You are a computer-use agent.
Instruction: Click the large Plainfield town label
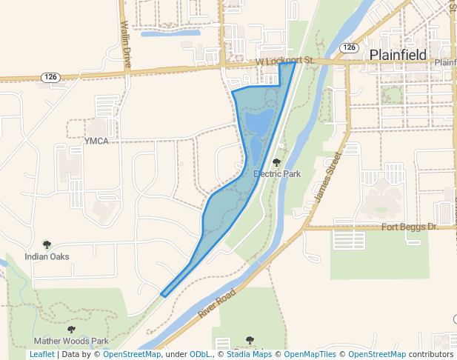397,54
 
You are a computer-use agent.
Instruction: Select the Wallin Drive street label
125,44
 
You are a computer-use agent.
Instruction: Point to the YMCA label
96,141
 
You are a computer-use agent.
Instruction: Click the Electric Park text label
277,174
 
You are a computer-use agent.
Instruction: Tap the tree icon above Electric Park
277,162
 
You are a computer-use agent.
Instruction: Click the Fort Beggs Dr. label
410,227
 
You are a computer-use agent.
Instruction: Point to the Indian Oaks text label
47,256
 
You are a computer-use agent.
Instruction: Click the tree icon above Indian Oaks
47,244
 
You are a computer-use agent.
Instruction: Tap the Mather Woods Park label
71,341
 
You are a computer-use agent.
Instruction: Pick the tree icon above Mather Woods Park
71,330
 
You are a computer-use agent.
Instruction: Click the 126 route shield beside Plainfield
350,47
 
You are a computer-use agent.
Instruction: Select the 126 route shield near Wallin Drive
50,77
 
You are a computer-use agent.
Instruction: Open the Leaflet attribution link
42,354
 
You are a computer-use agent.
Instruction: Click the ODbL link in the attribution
200,354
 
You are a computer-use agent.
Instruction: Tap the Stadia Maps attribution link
247,354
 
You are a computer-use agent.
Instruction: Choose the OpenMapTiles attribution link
310,354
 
